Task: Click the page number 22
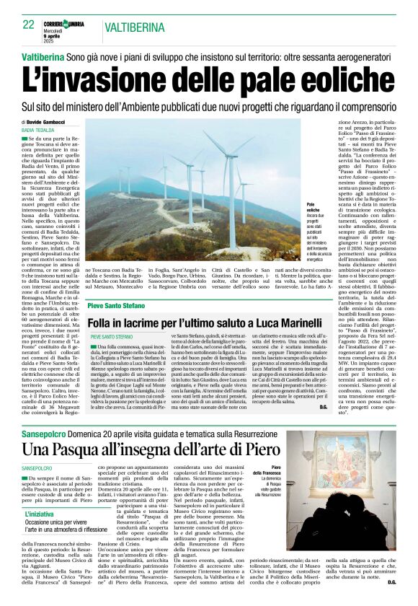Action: pos(29,25)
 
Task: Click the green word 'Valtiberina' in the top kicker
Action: pos(44,56)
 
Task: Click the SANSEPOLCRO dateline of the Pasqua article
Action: pos(41,468)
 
